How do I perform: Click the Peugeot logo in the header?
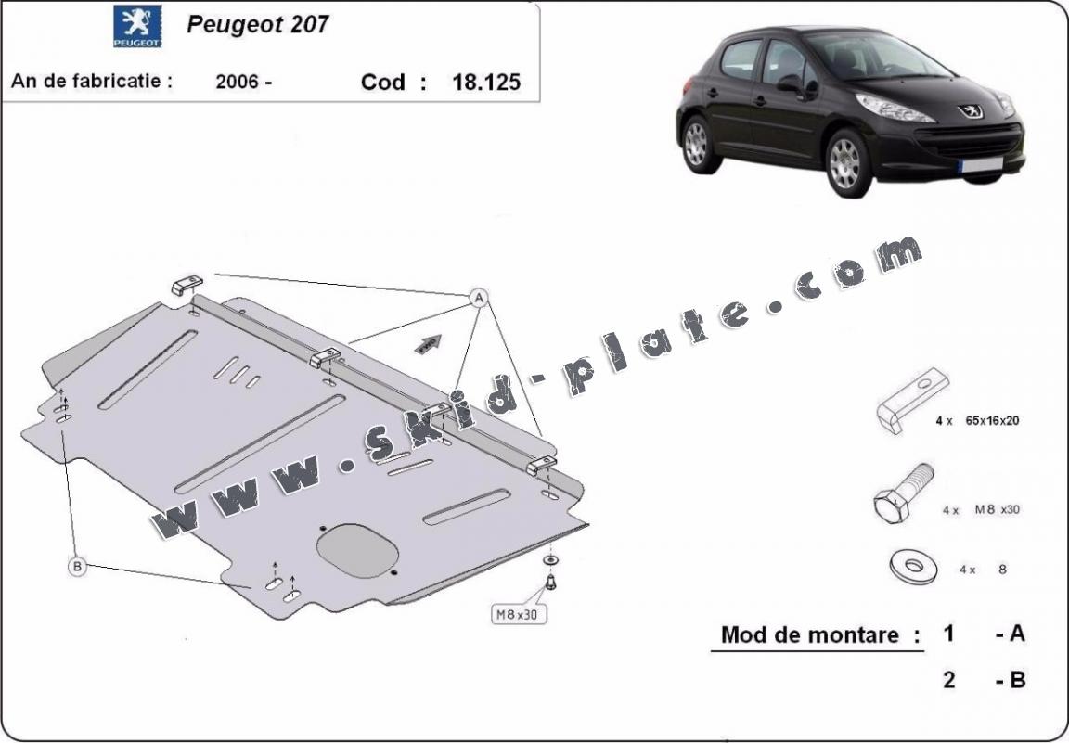[x=137, y=27]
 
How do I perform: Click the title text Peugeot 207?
[x=258, y=24]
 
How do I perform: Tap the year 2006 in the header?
[x=238, y=82]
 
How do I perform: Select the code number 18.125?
[x=486, y=83]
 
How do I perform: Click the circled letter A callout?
[x=479, y=298]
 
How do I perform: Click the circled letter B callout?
[x=78, y=566]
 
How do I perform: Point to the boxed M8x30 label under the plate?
[x=518, y=614]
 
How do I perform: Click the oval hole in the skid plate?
[x=358, y=551]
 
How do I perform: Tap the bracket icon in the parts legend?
[x=912, y=400]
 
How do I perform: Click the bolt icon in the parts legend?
[x=903, y=493]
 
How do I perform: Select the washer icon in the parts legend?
[x=913, y=567]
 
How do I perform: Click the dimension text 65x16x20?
[x=992, y=420]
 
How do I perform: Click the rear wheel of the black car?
[x=698, y=144]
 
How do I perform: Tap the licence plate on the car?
[x=981, y=164]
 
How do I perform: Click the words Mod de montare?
[x=810, y=635]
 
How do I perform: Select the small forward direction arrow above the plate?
[x=428, y=344]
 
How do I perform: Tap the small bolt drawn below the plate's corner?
[x=551, y=583]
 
